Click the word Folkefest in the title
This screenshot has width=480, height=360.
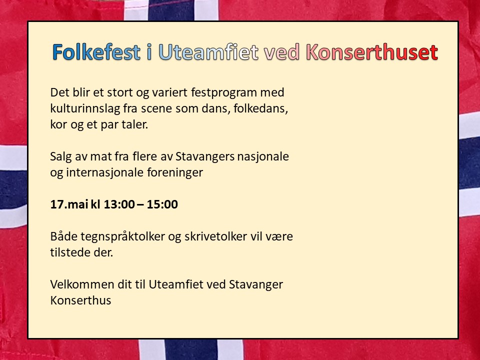(96, 51)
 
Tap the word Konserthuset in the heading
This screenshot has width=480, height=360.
(372, 51)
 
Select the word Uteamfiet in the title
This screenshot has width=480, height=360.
(208, 51)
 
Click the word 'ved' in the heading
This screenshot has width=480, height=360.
(282, 51)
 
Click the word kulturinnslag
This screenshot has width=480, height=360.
(85, 108)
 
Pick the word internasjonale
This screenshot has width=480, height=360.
(105, 172)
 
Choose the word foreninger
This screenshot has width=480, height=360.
(175, 172)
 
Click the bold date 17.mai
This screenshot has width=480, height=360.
(69, 204)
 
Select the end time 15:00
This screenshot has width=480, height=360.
(162, 204)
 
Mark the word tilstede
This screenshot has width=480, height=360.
(69, 252)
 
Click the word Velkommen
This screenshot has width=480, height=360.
(82, 284)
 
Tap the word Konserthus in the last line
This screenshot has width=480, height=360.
(80, 300)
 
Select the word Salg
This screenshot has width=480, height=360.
(60, 156)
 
